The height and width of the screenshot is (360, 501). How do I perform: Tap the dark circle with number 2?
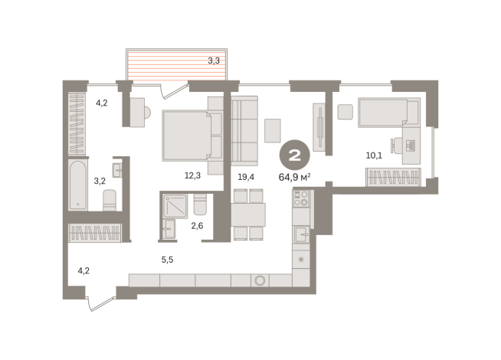coord(293,156)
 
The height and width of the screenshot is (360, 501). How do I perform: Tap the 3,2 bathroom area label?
coord(100,182)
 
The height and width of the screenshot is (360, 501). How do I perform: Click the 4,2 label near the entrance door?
coord(84,270)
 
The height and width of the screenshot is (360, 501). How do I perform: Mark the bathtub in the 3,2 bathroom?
coord(78,185)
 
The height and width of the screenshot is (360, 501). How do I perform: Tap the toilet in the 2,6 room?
coord(200,205)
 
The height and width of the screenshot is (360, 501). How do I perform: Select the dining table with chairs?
coord(248,214)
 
